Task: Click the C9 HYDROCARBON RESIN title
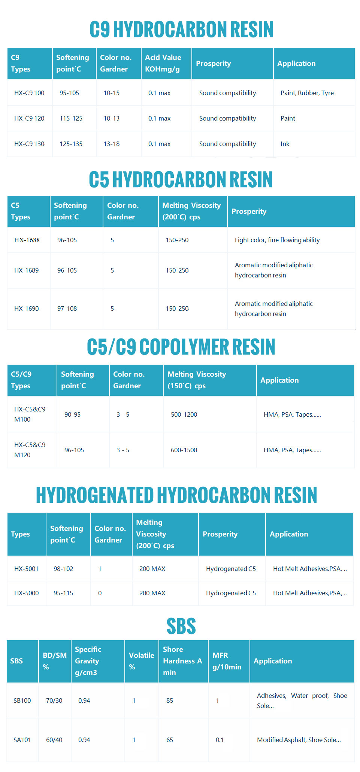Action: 181,30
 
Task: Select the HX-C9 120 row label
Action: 29,118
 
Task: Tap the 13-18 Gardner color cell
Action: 112,144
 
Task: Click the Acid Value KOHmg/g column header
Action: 163,63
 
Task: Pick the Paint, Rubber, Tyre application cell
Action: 307,93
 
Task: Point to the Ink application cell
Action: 285,144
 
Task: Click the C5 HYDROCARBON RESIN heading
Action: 181,179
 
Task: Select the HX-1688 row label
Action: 27,240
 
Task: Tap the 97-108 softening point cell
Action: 67,309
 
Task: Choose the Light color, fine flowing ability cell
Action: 277,240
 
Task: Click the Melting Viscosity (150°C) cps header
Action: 197,380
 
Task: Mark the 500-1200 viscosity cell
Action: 184,414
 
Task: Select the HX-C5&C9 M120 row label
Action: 30,450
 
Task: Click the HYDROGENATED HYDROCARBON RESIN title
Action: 176,495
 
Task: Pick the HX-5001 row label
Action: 26,569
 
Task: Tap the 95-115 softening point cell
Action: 63,593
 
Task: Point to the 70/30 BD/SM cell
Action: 54,700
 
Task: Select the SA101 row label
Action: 22,740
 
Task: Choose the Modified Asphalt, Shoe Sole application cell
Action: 299,740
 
